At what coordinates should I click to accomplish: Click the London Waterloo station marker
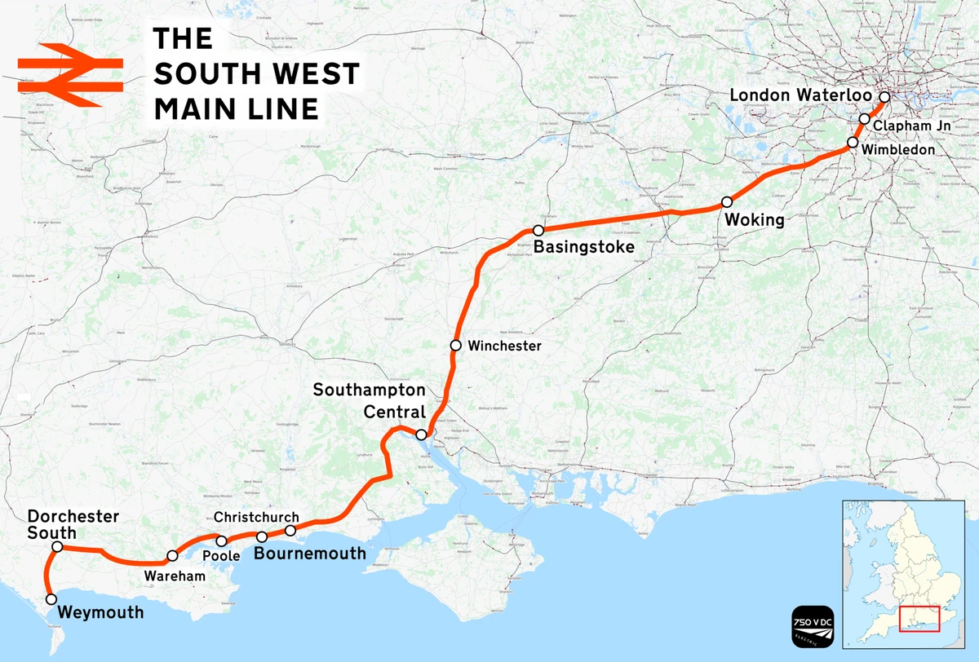click(x=884, y=96)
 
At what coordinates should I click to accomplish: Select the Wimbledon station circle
click(x=853, y=142)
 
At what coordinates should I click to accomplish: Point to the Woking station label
click(x=753, y=220)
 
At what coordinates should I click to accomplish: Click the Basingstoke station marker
click(x=538, y=231)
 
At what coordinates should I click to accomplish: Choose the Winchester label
click(x=504, y=346)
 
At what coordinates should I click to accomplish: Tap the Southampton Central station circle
click(x=421, y=435)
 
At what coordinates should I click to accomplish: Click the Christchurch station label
click(x=256, y=518)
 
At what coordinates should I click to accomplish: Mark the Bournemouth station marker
click(x=262, y=536)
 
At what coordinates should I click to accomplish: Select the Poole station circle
click(x=221, y=541)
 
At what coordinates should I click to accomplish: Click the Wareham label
click(x=175, y=576)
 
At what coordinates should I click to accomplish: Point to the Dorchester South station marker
click(x=57, y=546)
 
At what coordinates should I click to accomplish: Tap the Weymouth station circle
click(x=51, y=598)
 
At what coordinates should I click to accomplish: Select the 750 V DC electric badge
click(x=813, y=627)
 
